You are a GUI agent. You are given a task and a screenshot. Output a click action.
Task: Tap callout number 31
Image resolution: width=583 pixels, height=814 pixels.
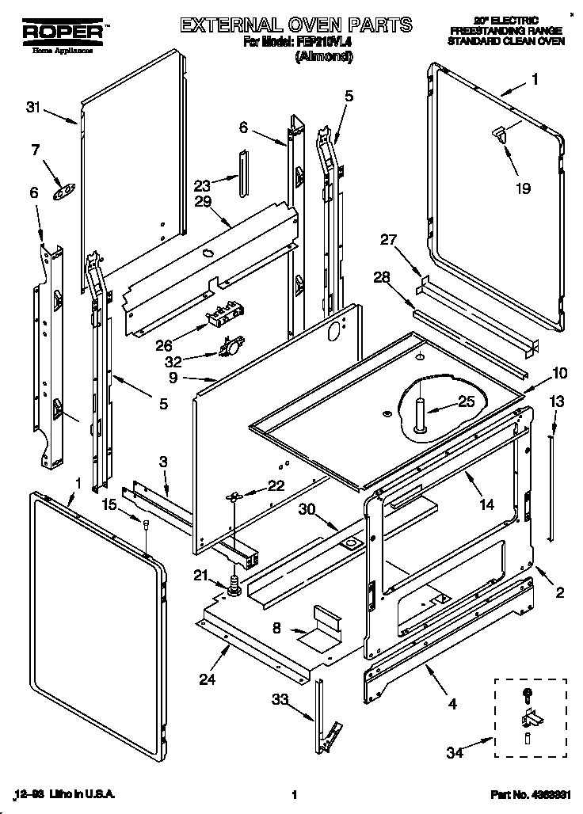32,108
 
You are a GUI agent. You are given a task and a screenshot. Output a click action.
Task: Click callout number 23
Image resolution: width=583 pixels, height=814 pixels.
203,186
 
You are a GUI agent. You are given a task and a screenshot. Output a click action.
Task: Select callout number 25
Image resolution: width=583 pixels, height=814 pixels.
467,401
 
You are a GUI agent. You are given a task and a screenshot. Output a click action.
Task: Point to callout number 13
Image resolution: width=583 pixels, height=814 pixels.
558,401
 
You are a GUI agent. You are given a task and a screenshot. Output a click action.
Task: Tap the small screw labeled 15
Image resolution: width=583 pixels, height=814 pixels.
147,523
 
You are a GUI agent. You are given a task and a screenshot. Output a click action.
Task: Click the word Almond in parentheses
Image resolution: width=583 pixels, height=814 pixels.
323,57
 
